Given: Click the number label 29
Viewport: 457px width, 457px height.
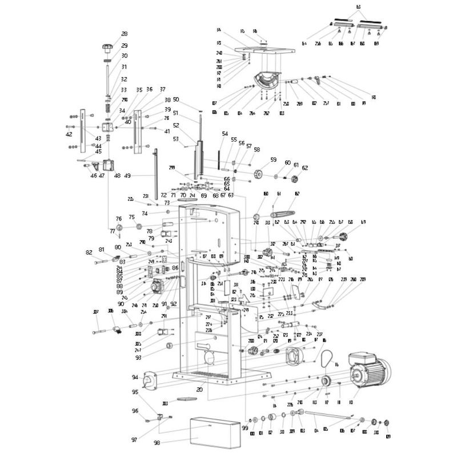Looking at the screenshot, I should [x=124, y=45].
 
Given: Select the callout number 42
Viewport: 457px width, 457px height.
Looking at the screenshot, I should [x=69, y=134].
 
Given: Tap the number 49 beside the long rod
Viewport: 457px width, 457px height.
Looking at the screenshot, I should [x=127, y=175].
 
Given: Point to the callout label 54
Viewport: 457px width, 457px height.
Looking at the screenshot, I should [x=225, y=134].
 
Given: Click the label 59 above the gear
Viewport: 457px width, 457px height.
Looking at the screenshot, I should [x=273, y=160].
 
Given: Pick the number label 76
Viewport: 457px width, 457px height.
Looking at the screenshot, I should [x=119, y=219].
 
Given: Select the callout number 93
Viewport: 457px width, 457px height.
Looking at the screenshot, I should [x=138, y=358].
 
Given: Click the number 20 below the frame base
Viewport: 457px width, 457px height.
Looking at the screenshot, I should [x=199, y=390].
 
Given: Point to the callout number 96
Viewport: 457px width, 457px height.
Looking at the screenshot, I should [x=135, y=411].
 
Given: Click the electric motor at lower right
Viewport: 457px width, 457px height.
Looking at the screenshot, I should [x=371, y=372].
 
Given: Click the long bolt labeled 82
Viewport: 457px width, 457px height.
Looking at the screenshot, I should [x=101, y=262].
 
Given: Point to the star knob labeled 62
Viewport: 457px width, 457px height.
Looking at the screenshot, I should [x=296, y=180].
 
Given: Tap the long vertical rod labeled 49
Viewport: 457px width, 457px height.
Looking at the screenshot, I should [x=155, y=171].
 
